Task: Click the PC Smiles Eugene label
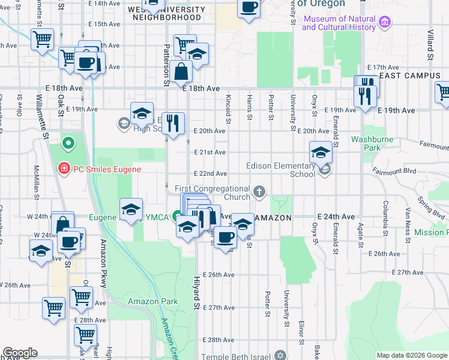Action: click(107, 169)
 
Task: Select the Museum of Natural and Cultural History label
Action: click(339, 23)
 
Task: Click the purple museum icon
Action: click(385, 23)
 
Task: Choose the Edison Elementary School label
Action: click(280, 170)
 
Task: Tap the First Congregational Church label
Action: click(212, 193)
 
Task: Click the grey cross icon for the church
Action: click(259, 192)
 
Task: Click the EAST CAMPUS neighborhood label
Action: click(410, 76)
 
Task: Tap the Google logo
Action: click(20, 353)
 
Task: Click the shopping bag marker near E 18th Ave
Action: click(181, 72)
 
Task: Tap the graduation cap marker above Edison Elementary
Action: click(321, 152)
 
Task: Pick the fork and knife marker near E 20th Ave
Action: click(173, 123)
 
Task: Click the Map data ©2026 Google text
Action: click(412, 355)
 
